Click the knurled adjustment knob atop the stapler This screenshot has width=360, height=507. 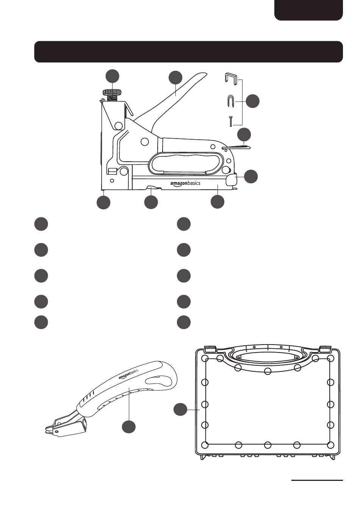[x=112, y=92]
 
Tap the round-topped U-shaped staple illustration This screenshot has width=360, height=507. [x=231, y=101]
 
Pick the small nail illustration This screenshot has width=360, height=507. [x=230, y=122]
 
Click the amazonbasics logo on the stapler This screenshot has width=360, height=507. [x=185, y=184]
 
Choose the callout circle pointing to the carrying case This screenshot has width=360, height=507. [x=180, y=410]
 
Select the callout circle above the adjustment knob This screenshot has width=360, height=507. [x=112, y=76]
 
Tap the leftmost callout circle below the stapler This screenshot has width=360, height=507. [x=103, y=202]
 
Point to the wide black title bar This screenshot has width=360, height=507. [x=188, y=52]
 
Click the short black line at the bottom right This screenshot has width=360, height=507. [x=317, y=480]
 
